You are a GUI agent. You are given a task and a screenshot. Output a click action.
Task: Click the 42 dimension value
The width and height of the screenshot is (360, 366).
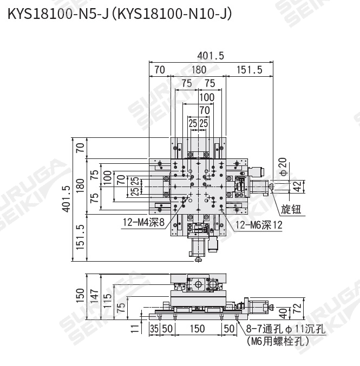pyautogui.click(x=297, y=187)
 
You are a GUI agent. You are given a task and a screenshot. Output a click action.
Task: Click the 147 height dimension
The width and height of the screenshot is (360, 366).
pyautogui.click(x=94, y=297)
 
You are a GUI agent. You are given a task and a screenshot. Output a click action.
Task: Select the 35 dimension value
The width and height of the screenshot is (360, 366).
pyautogui.click(x=154, y=328)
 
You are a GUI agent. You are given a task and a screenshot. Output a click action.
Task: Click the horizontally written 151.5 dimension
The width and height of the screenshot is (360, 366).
pyautogui.click(x=249, y=69)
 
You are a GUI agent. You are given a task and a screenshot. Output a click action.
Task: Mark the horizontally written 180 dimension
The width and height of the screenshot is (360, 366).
pyautogui.click(x=199, y=69)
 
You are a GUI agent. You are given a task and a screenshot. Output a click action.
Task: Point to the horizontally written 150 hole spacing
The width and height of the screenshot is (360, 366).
pyautogui.click(x=197, y=328)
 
